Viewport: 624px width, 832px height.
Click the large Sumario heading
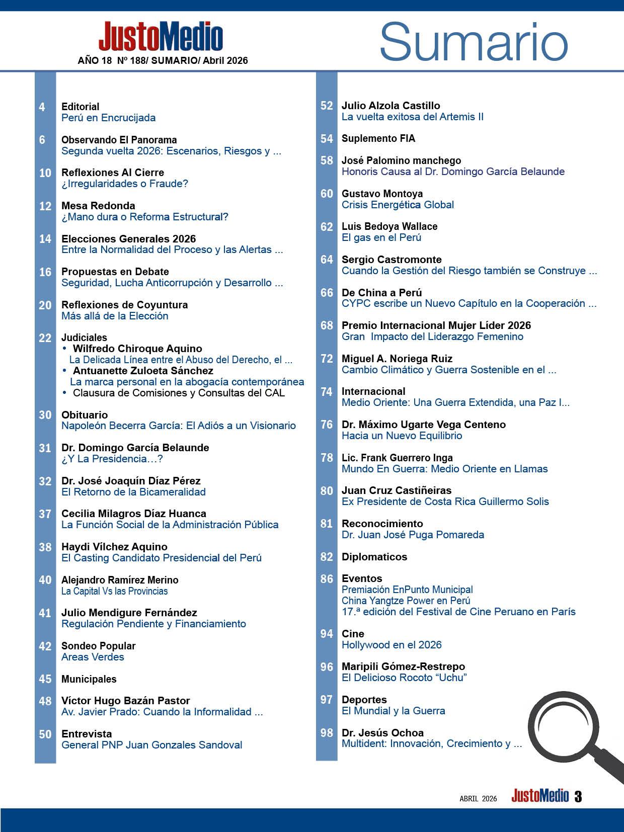[474, 43]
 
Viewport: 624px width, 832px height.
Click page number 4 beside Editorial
[42, 107]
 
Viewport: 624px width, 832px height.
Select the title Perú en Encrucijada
[108, 118]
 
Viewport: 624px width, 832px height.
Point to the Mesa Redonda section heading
[98, 206]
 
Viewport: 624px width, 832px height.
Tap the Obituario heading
[85, 415]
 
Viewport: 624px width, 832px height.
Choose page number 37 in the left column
[45, 514]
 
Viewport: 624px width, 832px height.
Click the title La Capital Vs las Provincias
[114, 591]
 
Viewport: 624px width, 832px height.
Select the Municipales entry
[89, 679]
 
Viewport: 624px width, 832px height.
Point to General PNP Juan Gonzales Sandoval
[151, 745]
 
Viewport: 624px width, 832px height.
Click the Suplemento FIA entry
[378, 138]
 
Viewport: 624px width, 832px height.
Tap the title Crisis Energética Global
[398, 205]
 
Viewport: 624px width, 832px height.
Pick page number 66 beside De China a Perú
[327, 293]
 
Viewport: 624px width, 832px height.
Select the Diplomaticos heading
[374, 557]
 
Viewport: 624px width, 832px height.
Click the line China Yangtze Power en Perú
[406, 601]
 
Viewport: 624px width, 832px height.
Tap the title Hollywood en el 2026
[392, 645]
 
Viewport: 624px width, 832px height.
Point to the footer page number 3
[578, 797]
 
